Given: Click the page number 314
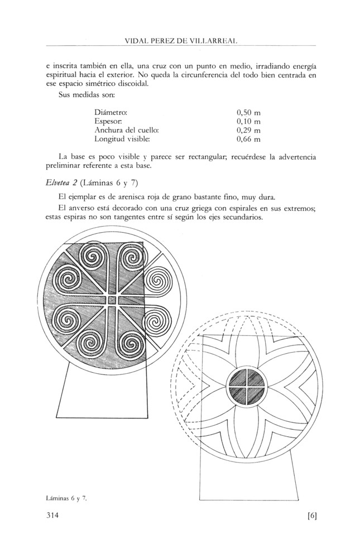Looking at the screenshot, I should pos(54,516).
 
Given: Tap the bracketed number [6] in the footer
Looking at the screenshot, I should pos(311,516).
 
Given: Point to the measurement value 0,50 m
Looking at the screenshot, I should pos(249,112).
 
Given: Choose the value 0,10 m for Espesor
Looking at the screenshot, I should pos(249,121).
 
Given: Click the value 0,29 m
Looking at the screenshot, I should pos(249,129).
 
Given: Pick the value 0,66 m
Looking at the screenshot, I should pos(249,138).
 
